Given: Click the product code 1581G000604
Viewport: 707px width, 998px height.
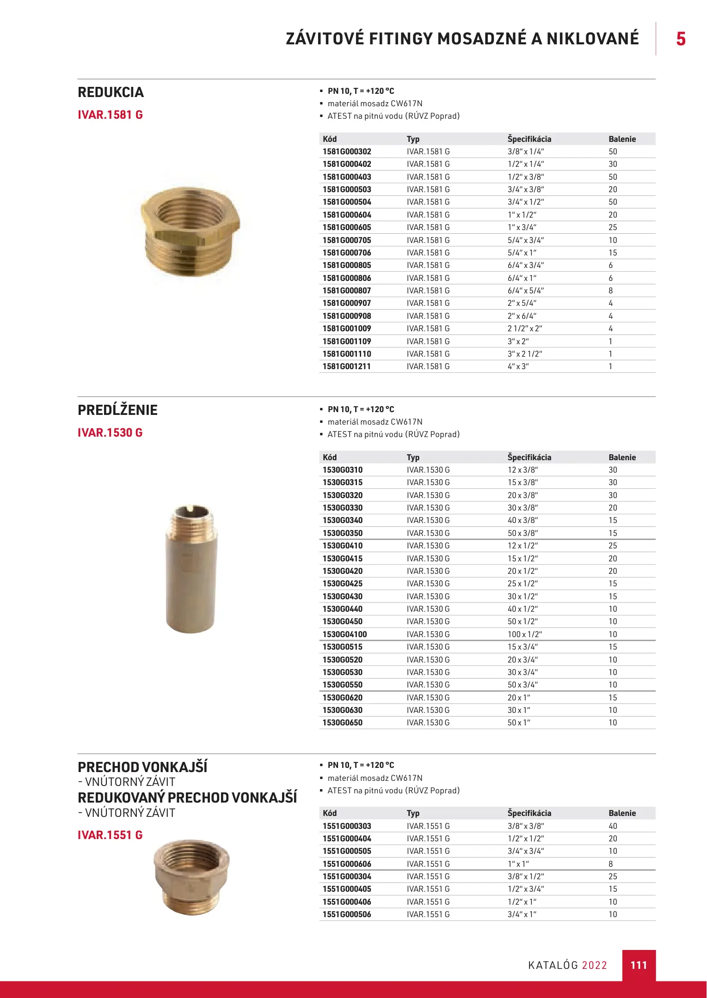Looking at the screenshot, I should pyautogui.click(x=347, y=215).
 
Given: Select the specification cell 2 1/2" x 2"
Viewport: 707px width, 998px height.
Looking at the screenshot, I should pyautogui.click(x=525, y=329).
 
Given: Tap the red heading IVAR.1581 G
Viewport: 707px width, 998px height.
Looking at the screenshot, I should pyautogui.click(x=110, y=115).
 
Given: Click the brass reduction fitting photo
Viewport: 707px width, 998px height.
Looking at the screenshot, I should pyautogui.click(x=190, y=230).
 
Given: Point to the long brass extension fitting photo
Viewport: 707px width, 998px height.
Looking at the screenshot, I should pyautogui.click(x=191, y=569).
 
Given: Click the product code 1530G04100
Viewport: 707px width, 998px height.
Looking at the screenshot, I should pyautogui.click(x=344, y=634).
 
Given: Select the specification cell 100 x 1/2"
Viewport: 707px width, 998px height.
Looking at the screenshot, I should pyautogui.click(x=525, y=634).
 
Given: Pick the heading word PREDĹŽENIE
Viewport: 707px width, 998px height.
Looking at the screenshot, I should pyautogui.click(x=117, y=410).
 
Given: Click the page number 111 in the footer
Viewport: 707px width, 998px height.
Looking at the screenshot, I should pyautogui.click(x=639, y=965).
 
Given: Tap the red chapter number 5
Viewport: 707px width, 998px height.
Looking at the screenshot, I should pyautogui.click(x=681, y=39).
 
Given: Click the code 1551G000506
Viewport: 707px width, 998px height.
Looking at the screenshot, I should pyautogui.click(x=347, y=914).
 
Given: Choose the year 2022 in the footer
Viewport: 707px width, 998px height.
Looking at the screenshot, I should pyautogui.click(x=594, y=965).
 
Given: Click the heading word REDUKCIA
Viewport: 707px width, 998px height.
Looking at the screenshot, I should pyautogui.click(x=111, y=92).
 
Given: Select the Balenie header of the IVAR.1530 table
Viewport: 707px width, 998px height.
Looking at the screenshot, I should pyautogui.click(x=622, y=457).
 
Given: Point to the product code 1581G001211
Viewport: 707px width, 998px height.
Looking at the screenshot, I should pyautogui.click(x=347, y=366).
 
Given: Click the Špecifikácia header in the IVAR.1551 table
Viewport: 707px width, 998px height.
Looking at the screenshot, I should pyautogui.click(x=529, y=813).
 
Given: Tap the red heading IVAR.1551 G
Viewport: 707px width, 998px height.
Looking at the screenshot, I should pyautogui.click(x=110, y=835).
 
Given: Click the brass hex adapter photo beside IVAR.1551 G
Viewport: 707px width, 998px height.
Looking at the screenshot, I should pyautogui.click(x=191, y=877).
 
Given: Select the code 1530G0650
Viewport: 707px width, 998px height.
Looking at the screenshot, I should pyautogui.click(x=343, y=723).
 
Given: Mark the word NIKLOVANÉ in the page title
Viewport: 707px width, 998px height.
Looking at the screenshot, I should pyautogui.click(x=593, y=39).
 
